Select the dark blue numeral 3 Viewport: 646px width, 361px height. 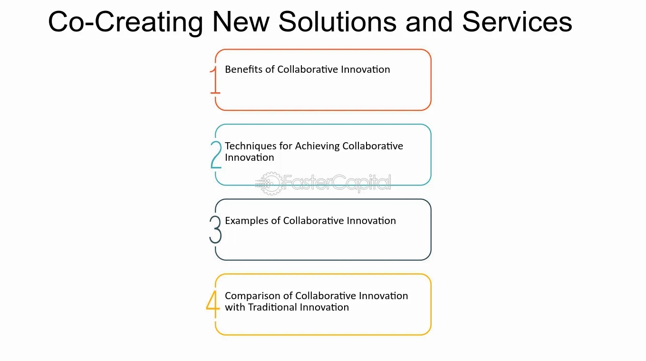pyautogui.click(x=215, y=229)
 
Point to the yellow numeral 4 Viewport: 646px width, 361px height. pyautogui.click(x=213, y=304)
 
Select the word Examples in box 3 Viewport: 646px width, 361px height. pyautogui.click(x=247, y=221)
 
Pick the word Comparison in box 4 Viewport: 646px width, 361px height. pyautogui.click(x=253, y=296)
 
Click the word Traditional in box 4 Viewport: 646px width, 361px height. pyautogui.click(x=272, y=307)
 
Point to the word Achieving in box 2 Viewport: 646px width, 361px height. pyautogui.click(x=317, y=146)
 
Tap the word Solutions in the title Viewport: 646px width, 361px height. pyautogui.click(x=337, y=22)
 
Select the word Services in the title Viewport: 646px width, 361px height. pyautogui.click(x=517, y=22)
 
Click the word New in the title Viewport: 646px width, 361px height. pyautogui.click(x=241, y=22)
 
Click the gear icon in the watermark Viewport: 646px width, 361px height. pyautogui.click(x=269, y=183)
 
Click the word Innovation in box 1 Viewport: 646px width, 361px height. pyautogui.click(x=366, y=69)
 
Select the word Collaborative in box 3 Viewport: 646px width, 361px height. pyautogui.click(x=314, y=221)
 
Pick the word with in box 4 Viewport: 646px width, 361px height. pyautogui.click(x=235, y=307)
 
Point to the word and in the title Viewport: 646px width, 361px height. pyautogui.click(x=429, y=22)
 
